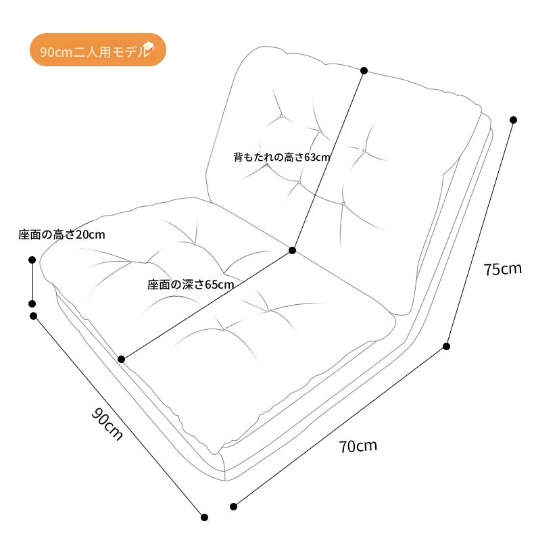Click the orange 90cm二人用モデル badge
pyautogui.click(x=98, y=50)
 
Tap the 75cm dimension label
pyautogui.click(x=502, y=269)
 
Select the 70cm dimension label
pyautogui.click(x=358, y=446)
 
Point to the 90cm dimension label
pyautogui.click(x=107, y=424)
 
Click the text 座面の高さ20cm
pyautogui.click(x=62, y=235)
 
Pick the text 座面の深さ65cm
pyautogui.click(x=191, y=285)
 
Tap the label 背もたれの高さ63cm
pyautogui.click(x=282, y=157)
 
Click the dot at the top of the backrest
pyautogui.click(x=364, y=71)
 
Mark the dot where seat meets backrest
pyautogui.click(x=293, y=250)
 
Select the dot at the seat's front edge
pyautogui.click(x=122, y=359)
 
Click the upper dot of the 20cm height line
pyautogui.click(x=32, y=260)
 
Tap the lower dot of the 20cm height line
pyautogui.click(x=32, y=304)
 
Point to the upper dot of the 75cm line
pyautogui.click(x=513, y=120)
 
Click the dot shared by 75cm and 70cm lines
pyautogui.click(x=447, y=346)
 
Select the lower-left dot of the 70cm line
pyautogui.click(x=233, y=506)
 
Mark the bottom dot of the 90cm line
pyautogui.click(x=204, y=517)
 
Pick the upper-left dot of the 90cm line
pyautogui.click(x=33, y=316)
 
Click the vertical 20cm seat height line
pyautogui.click(x=32, y=282)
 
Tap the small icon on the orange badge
pyautogui.click(x=148, y=47)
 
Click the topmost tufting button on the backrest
pyautogui.click(x=281, y=116)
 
